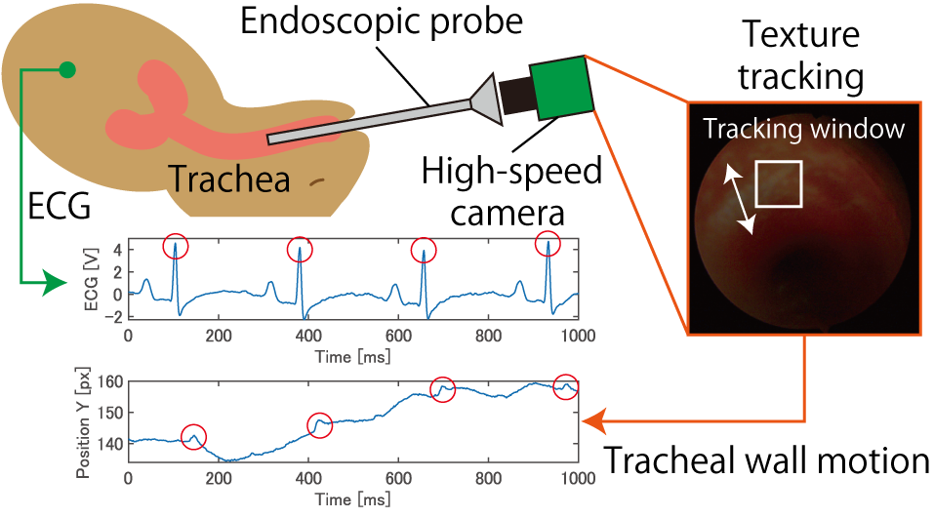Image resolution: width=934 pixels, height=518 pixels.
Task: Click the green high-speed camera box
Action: pos(561,86)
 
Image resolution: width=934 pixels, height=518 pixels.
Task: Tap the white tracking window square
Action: pos(779,183)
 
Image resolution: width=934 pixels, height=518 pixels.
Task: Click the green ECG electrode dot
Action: pos(66,69)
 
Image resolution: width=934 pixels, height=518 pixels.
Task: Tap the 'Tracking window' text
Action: pos(805,129)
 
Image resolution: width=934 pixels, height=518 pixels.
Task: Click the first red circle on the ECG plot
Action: pos(176,247)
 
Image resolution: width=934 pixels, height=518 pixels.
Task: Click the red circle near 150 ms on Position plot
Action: pos(194,436)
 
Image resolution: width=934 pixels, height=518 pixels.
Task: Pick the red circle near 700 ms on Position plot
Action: pos(442,388)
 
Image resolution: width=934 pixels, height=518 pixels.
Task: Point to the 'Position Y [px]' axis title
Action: pos(84,422)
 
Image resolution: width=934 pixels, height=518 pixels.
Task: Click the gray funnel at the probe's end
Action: pos(487,99)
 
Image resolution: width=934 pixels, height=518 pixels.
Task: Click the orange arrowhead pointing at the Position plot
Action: pos(593,421)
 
